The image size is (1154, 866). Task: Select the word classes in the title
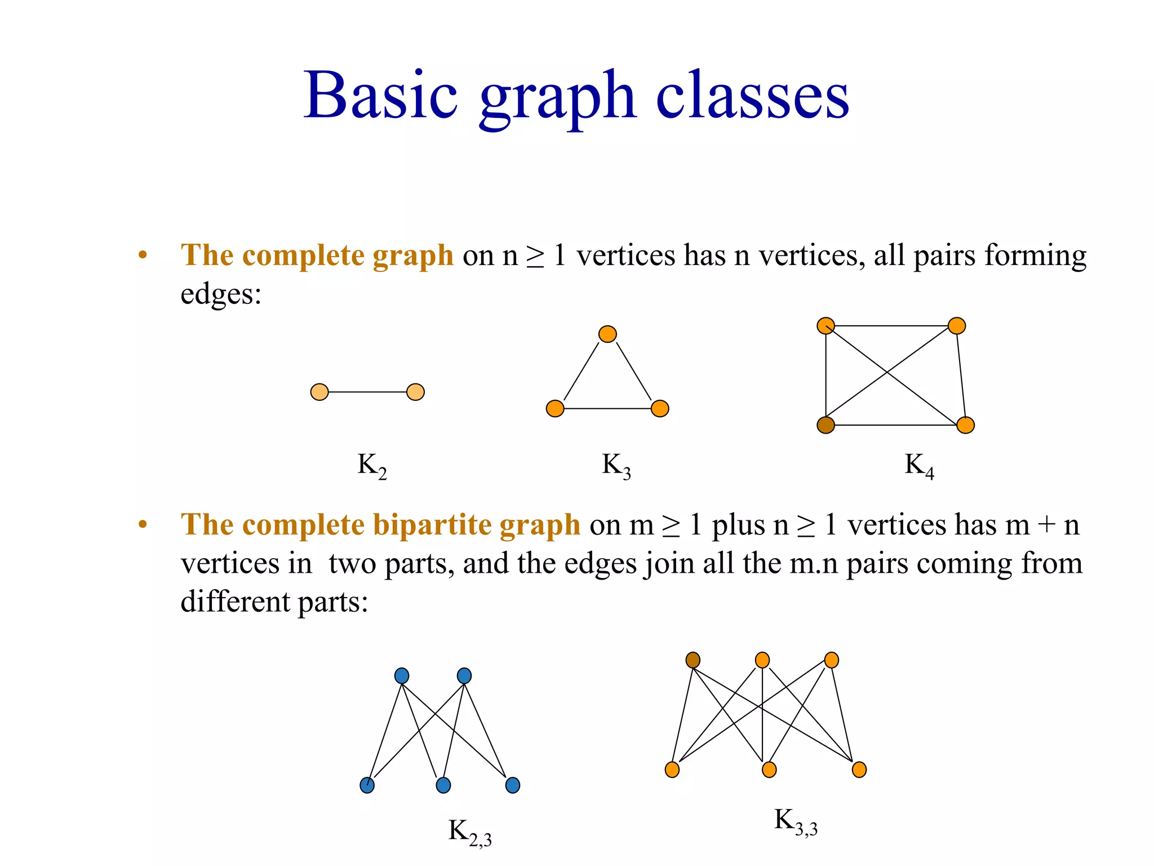(752, 96)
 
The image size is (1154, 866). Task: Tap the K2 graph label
(372, 466)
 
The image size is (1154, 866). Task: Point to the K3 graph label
(616, 466)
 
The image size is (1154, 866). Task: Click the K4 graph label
(919, 466)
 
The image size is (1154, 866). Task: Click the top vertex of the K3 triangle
(607, 334)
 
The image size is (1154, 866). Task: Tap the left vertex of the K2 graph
(319, 392)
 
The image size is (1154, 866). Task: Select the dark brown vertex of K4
(825, 425)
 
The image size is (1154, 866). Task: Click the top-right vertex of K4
(957, 326)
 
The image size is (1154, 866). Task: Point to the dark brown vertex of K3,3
(693, 660)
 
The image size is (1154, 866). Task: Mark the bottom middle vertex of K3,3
(769, 770)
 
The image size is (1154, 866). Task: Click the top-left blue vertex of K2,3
(402, 675)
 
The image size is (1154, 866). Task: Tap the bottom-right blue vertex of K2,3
(513, 785)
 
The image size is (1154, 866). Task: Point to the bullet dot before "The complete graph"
(143, 255)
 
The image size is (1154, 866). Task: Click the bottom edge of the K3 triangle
(607, 408)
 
